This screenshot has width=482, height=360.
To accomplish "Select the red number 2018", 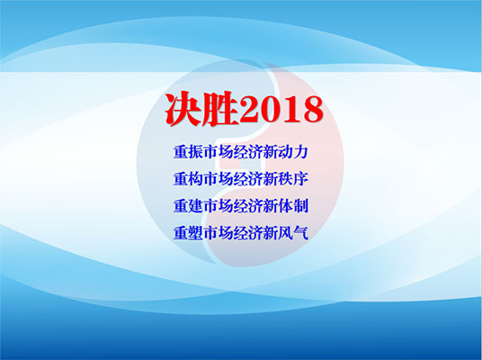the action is click(281, 110).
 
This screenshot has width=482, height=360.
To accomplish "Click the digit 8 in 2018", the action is click(312, 110).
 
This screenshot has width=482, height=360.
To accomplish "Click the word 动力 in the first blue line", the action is click(293, 152).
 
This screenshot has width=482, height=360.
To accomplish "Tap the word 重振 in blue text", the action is click(188, 152).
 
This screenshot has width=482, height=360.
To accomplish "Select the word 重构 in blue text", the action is click(188, 179).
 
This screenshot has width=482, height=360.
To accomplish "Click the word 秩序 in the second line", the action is click(293, 179).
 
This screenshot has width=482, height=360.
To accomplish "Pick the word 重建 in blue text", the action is click(188, 206).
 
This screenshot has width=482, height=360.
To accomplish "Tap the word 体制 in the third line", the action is click(293, 206).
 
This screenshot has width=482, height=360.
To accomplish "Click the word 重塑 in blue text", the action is click(188, 233).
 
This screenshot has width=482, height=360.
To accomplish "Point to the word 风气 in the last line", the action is click(293, 233).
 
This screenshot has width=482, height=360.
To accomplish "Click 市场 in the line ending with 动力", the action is click(219, 152).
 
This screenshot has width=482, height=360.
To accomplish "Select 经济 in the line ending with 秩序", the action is click(248, 179).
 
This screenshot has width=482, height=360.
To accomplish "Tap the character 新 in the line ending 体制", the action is click(271, 206).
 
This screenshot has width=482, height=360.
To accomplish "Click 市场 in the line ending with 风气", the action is click(219, 233).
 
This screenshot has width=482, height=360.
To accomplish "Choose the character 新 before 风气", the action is click(271, 233).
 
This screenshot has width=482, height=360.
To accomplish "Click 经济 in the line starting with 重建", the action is click(248, 206).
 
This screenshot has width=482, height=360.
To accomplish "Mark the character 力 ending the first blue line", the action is click(301, 152).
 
